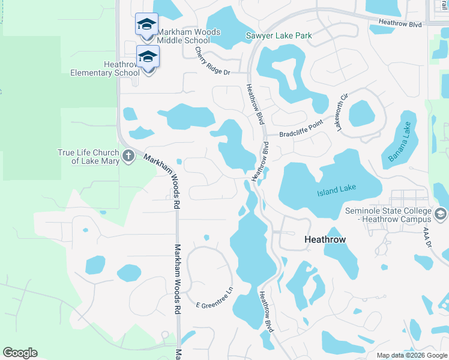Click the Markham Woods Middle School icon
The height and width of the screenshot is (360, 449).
point(147,25)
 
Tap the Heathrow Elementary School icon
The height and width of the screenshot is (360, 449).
point(148,57)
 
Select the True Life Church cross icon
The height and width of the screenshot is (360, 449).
point(128,156)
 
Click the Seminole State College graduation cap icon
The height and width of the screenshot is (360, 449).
point(441,214)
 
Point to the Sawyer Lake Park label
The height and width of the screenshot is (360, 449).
point(279,36)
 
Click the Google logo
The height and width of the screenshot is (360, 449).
point(20,353)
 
